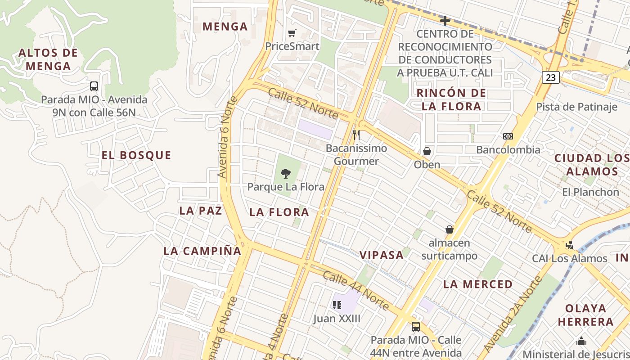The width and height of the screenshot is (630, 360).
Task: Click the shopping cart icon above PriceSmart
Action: pyautogui.click(x=292, y=33)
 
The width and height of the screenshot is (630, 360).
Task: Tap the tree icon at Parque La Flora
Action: pyautogui.click(x=285, y=173)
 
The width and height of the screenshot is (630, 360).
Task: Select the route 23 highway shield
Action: pyautogui.click(x=551, y=77)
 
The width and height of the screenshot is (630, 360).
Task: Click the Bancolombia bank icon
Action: pyautogui.click(x=508, y=136)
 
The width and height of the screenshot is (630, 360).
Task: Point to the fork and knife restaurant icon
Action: pyautogui.click(x=356, y=135)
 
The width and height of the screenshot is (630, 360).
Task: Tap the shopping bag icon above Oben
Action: pyautogui.click(x=427, y=151)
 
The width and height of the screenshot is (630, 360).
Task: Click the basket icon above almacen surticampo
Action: pyautogui.click(x=449, y=229)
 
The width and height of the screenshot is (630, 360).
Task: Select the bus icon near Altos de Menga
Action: pyautogui.click(x=94, y=86)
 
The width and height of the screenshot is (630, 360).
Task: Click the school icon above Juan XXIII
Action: pyautogui.click(x=337, y=305)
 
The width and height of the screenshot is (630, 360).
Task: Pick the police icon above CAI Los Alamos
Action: pyautogui.click(x=570, y=245)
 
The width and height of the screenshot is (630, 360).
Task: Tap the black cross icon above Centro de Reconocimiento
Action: pyautogui.click(x=445, y=21)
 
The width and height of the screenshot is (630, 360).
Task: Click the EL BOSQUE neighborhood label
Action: pyautogui.click(x=136, y=156)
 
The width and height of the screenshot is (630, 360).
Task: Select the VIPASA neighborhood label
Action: pyautogui.click(x=382, y=255)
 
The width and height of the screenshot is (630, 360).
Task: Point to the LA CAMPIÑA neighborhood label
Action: pyautogui.click(x=202, y=251)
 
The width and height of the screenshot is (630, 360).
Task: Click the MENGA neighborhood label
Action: pyautogui.click(x=225, y=27)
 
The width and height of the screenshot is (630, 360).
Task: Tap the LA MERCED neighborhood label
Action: pyautogui.click(x=478, y=284)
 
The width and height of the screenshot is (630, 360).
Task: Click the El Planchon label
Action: pyautogui.click(x=590, y=192)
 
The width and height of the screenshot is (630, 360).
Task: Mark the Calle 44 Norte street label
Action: pyautogui.click(x=355, y=291)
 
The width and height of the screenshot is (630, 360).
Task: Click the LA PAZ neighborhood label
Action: pyautogui.click(x=201, y=211)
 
